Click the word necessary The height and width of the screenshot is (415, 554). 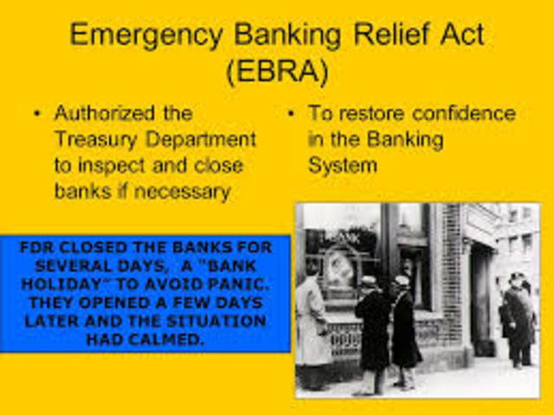[184, 191]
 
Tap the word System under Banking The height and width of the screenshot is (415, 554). [343, 165]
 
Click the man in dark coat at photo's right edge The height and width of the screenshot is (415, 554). [520, 321]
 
